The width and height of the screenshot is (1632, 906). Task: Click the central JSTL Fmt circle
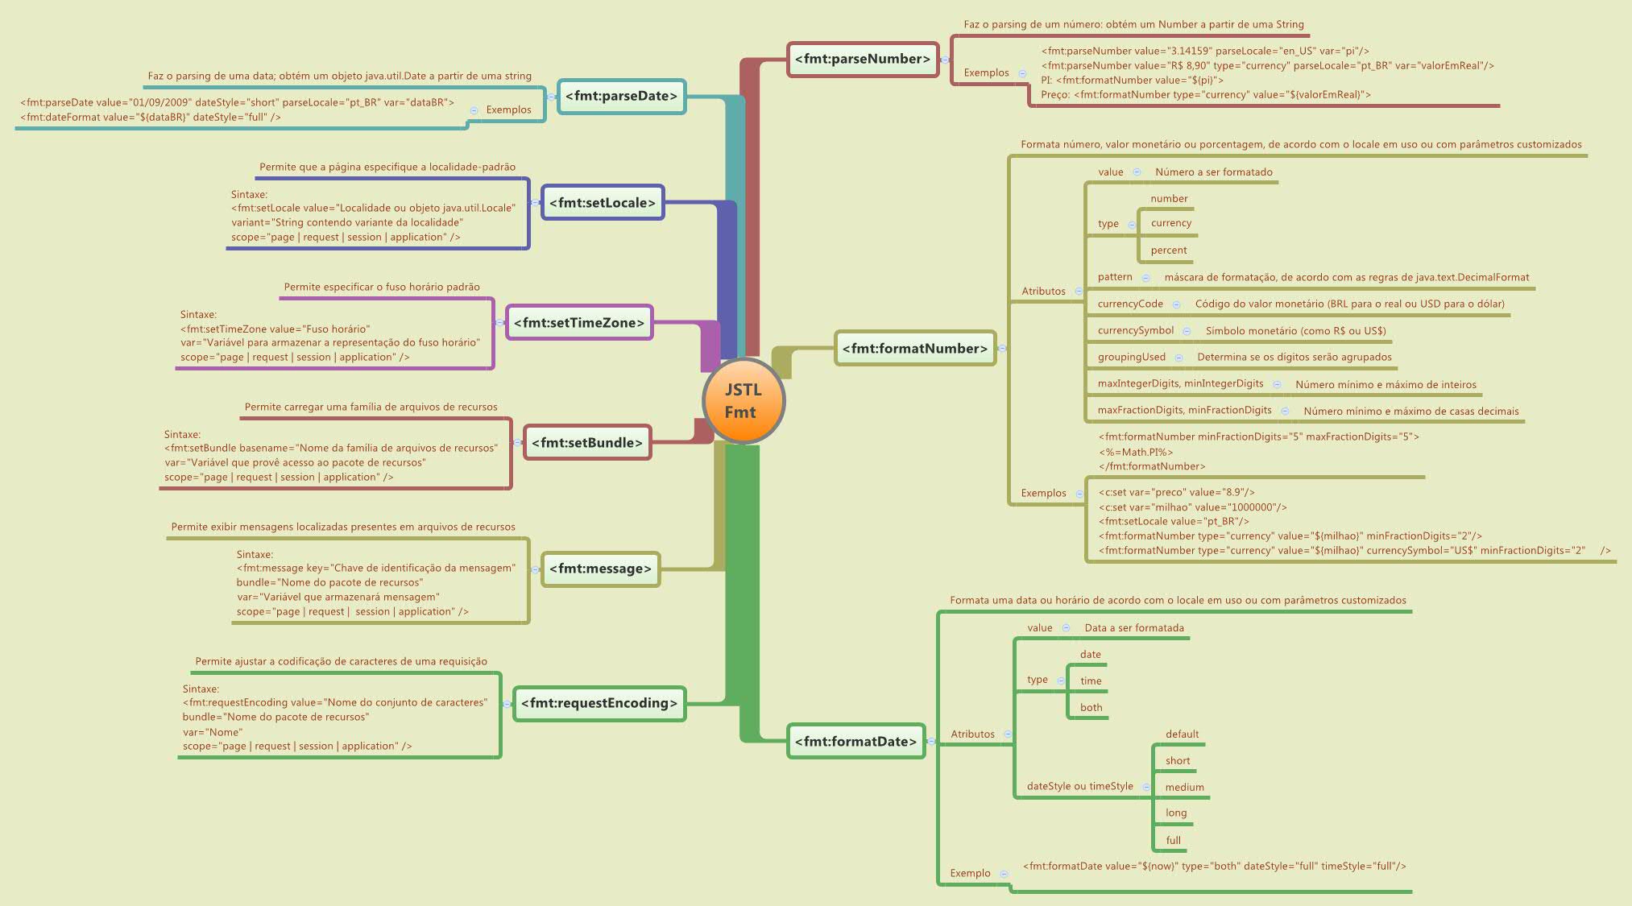[743, 401]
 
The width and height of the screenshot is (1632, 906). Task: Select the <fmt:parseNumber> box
[862, 59]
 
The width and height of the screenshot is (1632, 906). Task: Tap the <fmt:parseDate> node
[621, 96]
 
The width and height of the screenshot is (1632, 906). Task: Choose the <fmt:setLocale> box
[602, 203]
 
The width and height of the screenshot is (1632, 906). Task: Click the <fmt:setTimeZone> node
[578, 323]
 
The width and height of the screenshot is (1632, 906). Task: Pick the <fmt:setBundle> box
[586, 443]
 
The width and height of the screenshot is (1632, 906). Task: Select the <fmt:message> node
[600, 569]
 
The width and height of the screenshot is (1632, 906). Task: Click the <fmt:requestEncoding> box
[599, 703]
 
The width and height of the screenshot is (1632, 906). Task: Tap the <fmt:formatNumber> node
[914, 349]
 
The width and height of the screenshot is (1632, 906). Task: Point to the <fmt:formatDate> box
[855, 742]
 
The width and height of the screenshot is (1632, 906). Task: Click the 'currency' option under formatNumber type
[1170, 223]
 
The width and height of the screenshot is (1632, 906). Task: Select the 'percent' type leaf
[1168, 250]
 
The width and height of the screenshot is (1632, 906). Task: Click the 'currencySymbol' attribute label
[1135, 330]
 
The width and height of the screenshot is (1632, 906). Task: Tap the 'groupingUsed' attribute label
[1131, 357]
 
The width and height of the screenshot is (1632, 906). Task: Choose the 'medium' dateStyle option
[1184, 788]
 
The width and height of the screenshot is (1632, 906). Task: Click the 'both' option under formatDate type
[1091, 708]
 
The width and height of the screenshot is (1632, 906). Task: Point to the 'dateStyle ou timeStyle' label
[1079, 786]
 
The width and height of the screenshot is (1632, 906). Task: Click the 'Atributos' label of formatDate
[972, 734]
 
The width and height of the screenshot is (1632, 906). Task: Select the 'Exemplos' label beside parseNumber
[986, 72]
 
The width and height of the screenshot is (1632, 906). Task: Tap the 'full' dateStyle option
[1173, 841]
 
